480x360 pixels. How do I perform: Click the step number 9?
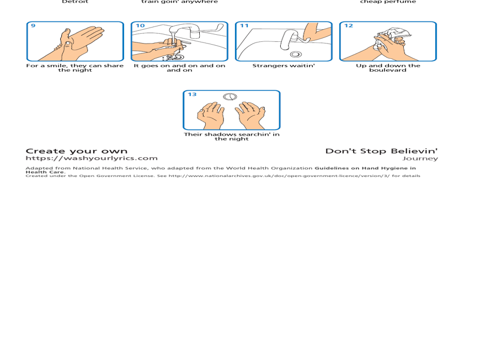tap(33, 26)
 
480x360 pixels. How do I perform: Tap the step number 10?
tap(140, 26)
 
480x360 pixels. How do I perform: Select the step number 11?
tap(244, 26)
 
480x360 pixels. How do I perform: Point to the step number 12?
tap(349, 26)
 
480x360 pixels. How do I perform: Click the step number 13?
tap(192, 94)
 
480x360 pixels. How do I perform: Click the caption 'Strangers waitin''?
tap(284, 66)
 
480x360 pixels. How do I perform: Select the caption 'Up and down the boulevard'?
tap(388, 68)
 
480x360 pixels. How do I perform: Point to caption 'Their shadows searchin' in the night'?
tap(231, 136)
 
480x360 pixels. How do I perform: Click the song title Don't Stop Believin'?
tap(381, 151)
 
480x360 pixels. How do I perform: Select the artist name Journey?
tap(420, 159)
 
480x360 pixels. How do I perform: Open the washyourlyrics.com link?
tap(92, 158)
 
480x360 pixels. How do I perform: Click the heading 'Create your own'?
tap(77, 151)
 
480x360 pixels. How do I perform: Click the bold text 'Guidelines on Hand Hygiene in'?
tap(365, 168)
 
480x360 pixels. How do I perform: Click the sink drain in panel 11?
tap(295, 54)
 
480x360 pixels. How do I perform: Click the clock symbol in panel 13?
tap(230, 97)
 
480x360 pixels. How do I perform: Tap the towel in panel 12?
tap(396, 34)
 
